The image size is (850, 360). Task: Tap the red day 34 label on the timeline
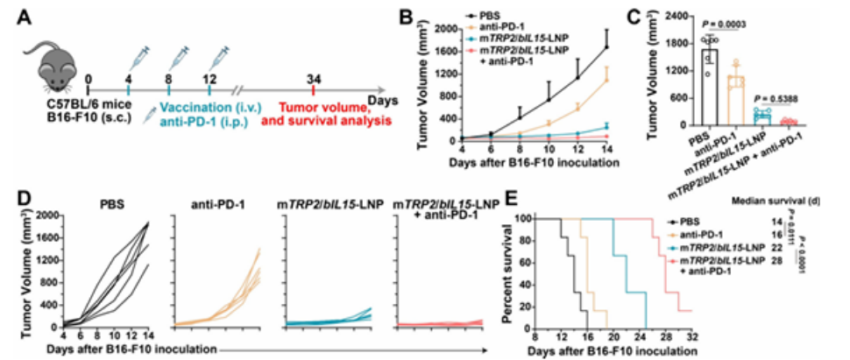click(x=314, y=78)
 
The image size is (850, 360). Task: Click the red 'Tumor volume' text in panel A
click(x=327, y=105)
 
